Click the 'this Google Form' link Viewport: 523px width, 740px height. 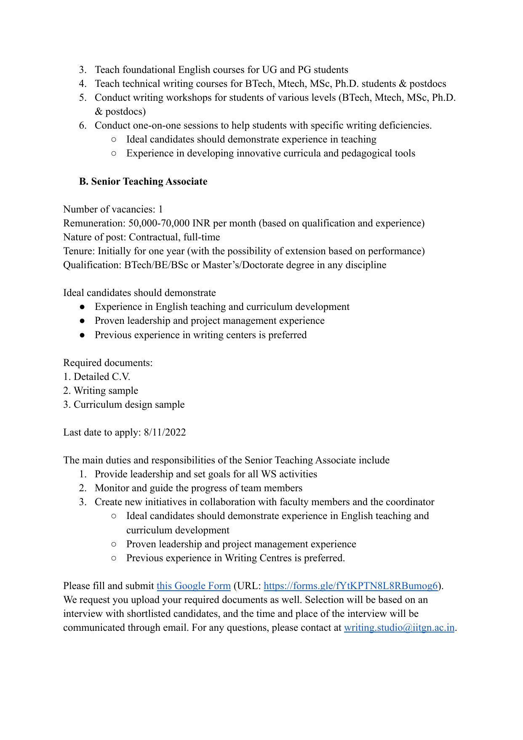193,586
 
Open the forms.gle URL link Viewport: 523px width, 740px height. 351,586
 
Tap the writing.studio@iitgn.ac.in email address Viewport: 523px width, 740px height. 399,627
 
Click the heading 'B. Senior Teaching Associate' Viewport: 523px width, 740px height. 143,181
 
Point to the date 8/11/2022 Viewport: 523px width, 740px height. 165,432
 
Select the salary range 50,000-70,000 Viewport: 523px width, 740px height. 159,223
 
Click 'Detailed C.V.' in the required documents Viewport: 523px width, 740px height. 102,377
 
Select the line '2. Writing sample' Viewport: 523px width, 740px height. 101,390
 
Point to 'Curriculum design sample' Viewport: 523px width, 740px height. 129,404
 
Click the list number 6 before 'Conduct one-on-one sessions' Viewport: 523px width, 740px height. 83,125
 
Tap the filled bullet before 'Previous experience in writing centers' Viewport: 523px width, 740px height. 82,335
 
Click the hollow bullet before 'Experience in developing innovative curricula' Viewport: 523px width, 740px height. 114,153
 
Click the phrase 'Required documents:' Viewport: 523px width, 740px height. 108,363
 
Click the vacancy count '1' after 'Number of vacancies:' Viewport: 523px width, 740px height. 160,209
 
